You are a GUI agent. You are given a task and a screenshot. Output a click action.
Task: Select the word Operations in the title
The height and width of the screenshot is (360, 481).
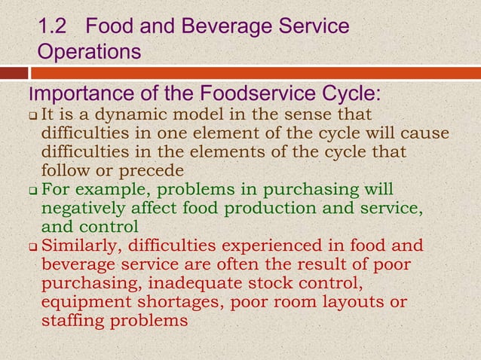coord(90,53)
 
